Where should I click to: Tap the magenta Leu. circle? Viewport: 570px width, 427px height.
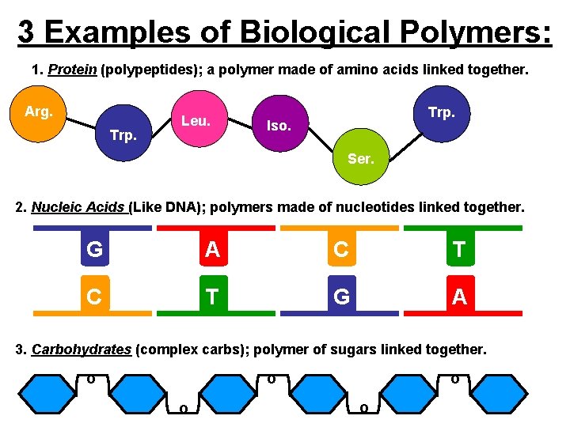(x=195, y=121)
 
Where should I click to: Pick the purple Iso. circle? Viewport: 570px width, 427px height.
(x=279, y=126)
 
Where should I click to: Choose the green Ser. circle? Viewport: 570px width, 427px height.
(x=360, y=158)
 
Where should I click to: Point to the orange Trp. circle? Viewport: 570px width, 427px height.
(x=441, y=112)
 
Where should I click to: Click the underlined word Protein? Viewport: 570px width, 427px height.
(x=72, y=70)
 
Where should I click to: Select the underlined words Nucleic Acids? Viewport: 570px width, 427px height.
(x=80, y=208)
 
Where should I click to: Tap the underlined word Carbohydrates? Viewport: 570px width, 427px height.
(x=82, y=350)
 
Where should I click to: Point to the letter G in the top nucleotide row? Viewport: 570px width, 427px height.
(x=94, y=250)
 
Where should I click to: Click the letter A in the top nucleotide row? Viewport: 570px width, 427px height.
(x=211, y=250)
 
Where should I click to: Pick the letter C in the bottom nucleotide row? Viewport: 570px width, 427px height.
(x=93, y=297)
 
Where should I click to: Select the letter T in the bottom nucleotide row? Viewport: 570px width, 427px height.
(x=211, y=297)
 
